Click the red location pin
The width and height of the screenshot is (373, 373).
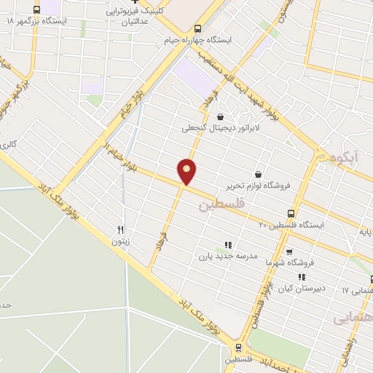click(187, 172)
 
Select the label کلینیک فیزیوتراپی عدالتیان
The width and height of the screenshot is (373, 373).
click(138, 17)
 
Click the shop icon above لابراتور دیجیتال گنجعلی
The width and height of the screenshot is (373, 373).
click(220, 116)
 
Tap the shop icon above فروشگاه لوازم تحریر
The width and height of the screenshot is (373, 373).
click(259, 173)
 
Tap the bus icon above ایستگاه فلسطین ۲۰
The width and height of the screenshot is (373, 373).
click(291, 213)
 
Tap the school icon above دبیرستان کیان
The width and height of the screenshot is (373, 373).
click(301, 277)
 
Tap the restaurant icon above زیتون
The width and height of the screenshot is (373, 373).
click(121, 229)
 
